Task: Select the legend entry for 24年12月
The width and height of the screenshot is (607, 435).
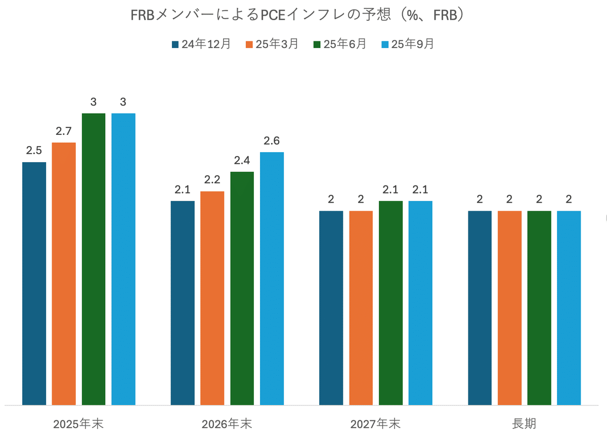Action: pyautogui.click(x=201, y=44)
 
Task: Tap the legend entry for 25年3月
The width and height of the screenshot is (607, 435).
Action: pyautogui.click(x=272, y=44)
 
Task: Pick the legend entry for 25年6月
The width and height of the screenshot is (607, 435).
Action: pyautogui.click(x=340, y=44)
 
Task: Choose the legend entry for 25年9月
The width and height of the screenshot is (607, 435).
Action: pyautogui.click(x=408, y=44)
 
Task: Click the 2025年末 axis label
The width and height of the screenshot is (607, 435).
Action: pyautogui.click(x=78, y=423)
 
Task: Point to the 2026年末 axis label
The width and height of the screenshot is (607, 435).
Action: pyautogui.click(x=227, y=423)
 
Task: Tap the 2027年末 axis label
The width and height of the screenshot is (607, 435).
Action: pyautogui.click(x=376, y=423)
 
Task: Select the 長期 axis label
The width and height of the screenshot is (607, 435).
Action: pyautogui.click(x=524, y=423)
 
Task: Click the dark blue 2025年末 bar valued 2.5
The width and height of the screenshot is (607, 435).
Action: pyautogui.click(x=34, y=283)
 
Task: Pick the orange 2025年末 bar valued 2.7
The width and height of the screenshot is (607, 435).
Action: pyautogui.click(x=64, y=273)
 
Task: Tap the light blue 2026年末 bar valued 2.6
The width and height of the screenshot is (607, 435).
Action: pyautogui.click(x=272, y=278)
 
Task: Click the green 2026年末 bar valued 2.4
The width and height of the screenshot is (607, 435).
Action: pyautogui.click(x=242, y=288)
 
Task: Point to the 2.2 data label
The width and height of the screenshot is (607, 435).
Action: pyautogui.click(x=212, y=180)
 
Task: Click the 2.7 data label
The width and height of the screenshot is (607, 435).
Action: pyautogui.click(x=64, y=131)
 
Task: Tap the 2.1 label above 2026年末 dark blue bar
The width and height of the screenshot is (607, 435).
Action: pyautogui.click(x=182, y=190)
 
